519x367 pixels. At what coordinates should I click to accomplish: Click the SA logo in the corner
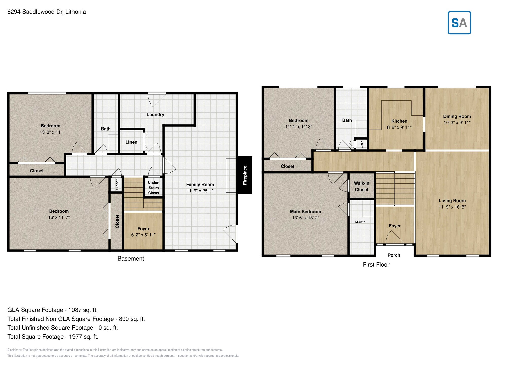click(x=459, y=23)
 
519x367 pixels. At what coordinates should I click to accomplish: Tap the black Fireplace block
click(x=245, y=175)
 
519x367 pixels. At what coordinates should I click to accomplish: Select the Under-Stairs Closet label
click(x=154, y=188)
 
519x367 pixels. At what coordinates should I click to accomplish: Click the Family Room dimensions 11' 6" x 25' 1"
click(x=200, y=191)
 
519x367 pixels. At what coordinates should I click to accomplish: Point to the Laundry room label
click(x=155, y=115)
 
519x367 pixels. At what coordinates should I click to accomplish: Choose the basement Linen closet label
click(x=131, y=142)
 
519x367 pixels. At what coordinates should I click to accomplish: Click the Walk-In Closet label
click(x=361, y=186)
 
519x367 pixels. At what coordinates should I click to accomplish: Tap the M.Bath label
click(x=360, y=222)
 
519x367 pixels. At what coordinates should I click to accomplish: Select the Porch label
click(x=394, y=255)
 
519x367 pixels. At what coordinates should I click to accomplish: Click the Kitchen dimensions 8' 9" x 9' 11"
click(x=399, y=127)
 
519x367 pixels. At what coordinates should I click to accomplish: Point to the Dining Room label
click(x=457, y=116)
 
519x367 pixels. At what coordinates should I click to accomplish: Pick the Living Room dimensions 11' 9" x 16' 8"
click(x=452, y=207)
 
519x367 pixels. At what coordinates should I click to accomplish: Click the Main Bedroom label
click(x=305, y=212)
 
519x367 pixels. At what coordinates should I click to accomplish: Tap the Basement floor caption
click(x=131, y=259)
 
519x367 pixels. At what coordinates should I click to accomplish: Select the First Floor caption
click(x=376, y=265)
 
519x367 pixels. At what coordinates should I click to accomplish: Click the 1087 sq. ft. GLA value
click(x=83, y=310)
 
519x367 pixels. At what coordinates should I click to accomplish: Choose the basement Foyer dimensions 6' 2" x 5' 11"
click(x=143, y=235)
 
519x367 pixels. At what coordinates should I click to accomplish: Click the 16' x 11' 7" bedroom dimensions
click(x=59, y=217)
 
